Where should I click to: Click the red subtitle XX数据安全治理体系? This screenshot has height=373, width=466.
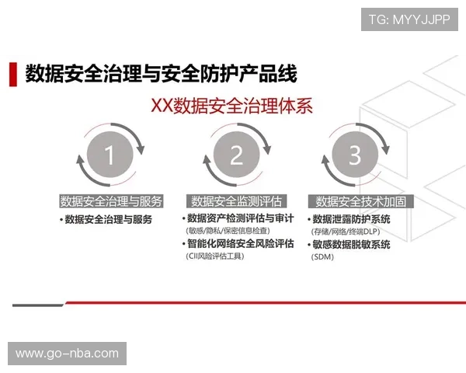point(231,106)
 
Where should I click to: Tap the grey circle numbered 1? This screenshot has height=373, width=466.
point(109,155)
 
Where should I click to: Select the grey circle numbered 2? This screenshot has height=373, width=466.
point(236,155)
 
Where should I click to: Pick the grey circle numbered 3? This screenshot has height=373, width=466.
point(354,155)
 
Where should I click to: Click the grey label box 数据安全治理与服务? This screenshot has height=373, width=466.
point(111,201)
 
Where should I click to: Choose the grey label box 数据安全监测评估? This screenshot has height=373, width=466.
point(236,201)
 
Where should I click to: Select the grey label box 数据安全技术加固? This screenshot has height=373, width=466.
point(361,201)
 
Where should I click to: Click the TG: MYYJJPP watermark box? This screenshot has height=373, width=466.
point(409,19)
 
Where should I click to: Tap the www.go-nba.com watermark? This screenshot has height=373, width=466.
point(68,354)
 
